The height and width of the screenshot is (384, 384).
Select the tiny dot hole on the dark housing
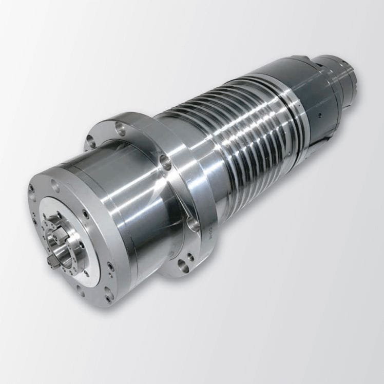tap(318, 113)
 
